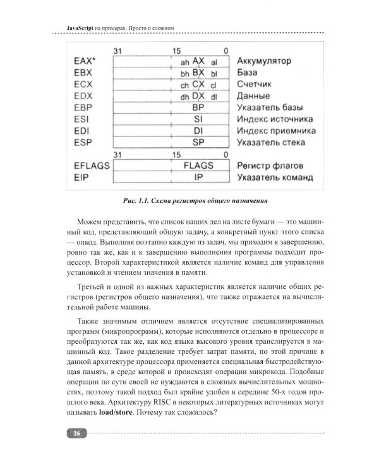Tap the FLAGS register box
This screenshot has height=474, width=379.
[198, 166]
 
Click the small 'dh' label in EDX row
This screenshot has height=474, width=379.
[184, 97]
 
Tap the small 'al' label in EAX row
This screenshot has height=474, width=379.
[214, 62]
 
